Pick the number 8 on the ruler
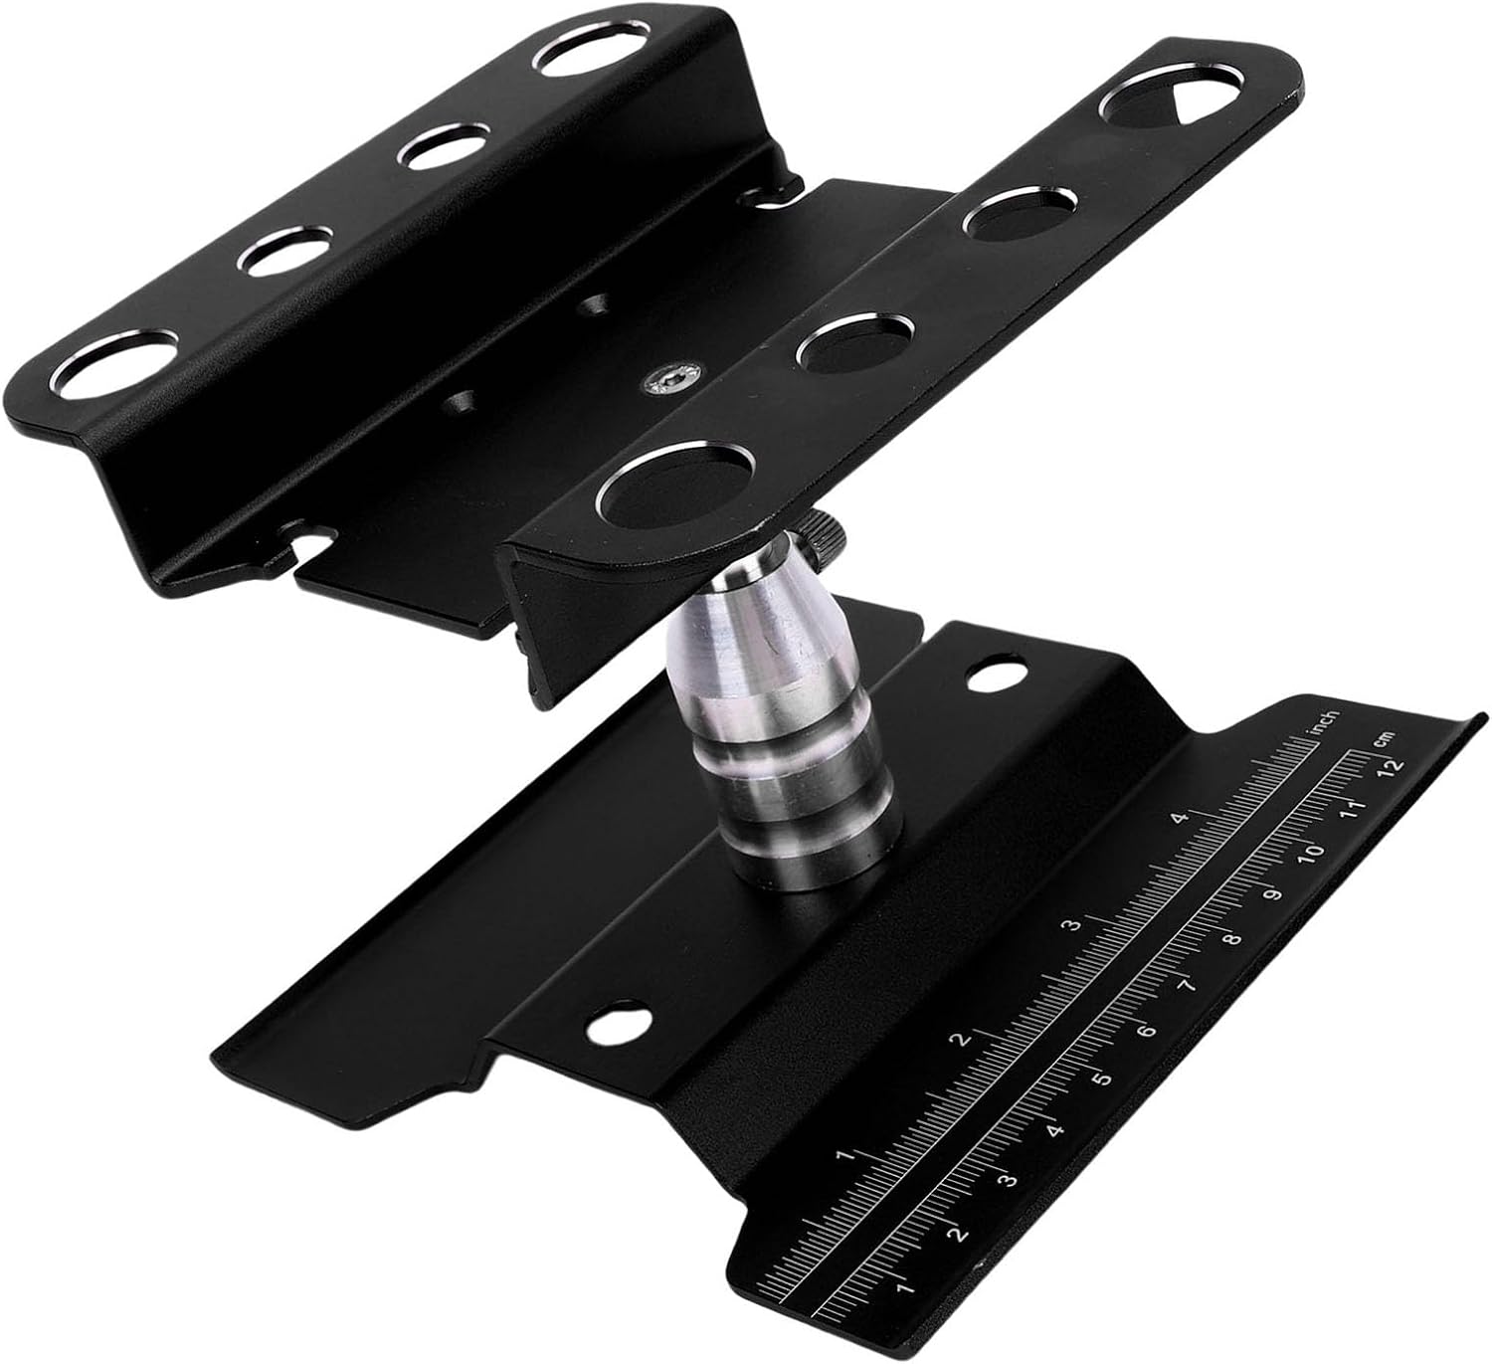click(x=1232, y=938)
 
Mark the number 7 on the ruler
click(x=1189, y=985)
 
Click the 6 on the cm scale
click(x=1146, y=1030)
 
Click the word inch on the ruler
click(x=1326, y=722)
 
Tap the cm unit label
click(x=1384, y=739)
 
